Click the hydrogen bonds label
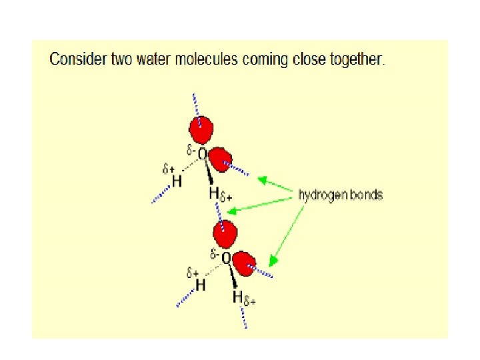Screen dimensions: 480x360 click(341, 195)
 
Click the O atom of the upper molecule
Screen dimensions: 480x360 click(202, 154)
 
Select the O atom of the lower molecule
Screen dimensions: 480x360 click(226, 257)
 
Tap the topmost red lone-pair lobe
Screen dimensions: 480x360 click(201, 129)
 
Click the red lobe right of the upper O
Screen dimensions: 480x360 click(218, 159)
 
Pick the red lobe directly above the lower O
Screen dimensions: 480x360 click(225, 233)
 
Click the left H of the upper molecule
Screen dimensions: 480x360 click(177, 181)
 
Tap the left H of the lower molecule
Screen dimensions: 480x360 click(199, 285)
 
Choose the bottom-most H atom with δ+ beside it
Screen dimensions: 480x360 click(237, 297)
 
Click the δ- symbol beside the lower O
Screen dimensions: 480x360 click(214, 254)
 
